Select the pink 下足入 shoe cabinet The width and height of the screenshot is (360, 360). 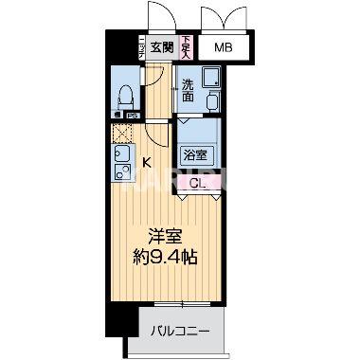pyautogui.click(x=187, y=46)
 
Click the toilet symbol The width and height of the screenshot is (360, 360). pyautogui.click(x=124, y=96)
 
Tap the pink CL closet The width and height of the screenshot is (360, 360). pyautogui.click(x=199, y=183)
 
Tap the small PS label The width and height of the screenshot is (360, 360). pyautogui.click(x=134, y=116)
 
